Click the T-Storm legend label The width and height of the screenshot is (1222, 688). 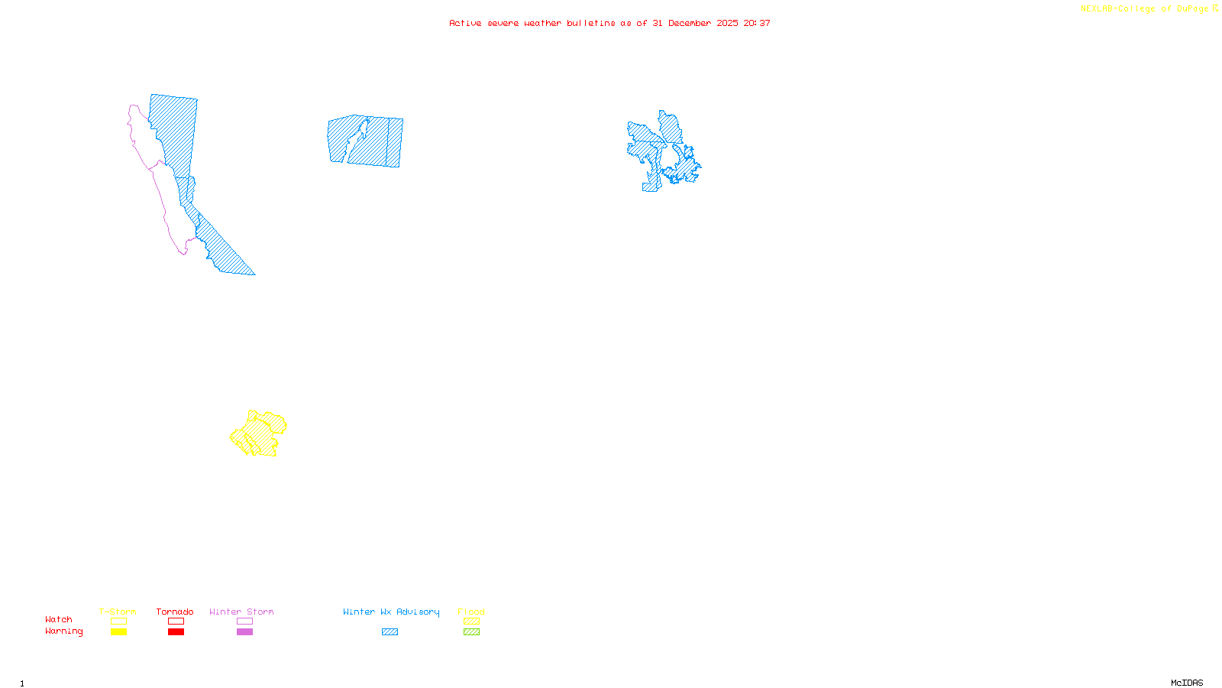(118, 612)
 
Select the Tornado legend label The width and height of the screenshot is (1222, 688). (175, 612)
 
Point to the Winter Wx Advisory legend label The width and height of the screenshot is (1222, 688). (391, 612)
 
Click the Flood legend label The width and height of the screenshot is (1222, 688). (471, 612)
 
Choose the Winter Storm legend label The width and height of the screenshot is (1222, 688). (241, 612)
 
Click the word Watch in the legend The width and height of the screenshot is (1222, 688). (59, 619)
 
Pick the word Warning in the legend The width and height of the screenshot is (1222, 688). (64, 631)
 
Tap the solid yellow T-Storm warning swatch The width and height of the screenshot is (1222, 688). (118, 632)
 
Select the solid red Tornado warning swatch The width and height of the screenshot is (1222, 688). (176, 632)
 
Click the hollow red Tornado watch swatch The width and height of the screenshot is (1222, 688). (176, 621)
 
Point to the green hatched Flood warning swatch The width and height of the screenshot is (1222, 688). (472, 632)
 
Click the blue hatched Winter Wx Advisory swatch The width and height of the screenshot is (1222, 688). (390, 632)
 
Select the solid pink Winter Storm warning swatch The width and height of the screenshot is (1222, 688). (244, 632)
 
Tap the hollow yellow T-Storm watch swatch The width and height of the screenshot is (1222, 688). (118, 621)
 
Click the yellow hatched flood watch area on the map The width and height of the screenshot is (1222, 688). (260, 434)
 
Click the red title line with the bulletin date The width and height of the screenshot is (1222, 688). (609, 23)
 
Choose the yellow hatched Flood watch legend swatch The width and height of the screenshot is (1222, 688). (472, 621)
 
